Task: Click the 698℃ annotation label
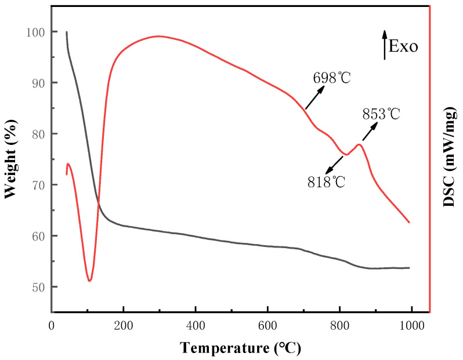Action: point(333,77)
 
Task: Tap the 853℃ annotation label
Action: point(382,114)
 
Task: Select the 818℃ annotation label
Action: point(327,182)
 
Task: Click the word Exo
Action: point(403,47)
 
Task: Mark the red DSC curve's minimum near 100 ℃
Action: point(89,281)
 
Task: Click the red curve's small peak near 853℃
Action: point(359,144)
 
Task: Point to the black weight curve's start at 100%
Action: point(67,32)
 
